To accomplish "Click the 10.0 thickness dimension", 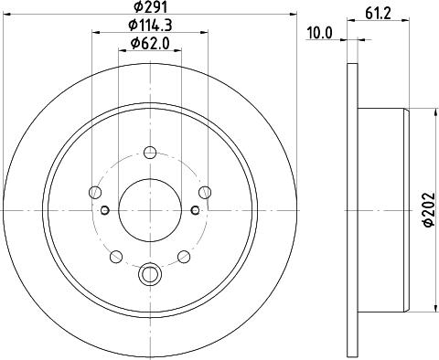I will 320,33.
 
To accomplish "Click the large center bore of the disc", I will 150,210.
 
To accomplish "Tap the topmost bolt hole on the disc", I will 150,151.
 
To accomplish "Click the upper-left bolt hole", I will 94,192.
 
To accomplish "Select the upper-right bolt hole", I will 206,192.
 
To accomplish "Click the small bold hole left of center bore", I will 105,211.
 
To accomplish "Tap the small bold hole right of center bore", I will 195,211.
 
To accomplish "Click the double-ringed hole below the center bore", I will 150,272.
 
